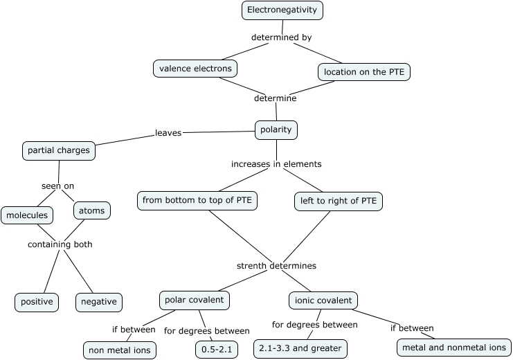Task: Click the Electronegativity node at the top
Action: pos(282,10)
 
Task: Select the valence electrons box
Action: pos(195,69)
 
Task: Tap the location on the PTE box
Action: pos(364,71)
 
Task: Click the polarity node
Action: pos(276,129)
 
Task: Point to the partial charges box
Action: pos(59,150)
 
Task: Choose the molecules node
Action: pos(27,215)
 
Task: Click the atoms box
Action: pos(91,210)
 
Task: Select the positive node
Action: pos(37,303)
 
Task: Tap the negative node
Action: pos(99,303)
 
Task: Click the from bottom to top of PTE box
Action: pos(197,201)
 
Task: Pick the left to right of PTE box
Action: pos(338,201)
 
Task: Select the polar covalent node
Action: pos(195,300)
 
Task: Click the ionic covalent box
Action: pos(323,300)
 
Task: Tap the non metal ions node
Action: pos(119,350)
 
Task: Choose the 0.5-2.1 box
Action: pos(216,350)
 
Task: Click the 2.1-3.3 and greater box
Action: pos(300,348)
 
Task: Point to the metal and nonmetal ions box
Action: pos(453,348)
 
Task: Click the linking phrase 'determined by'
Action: pos(281,37)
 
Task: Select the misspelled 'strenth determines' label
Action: pos(276,266)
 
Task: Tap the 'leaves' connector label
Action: pos(168,133)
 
